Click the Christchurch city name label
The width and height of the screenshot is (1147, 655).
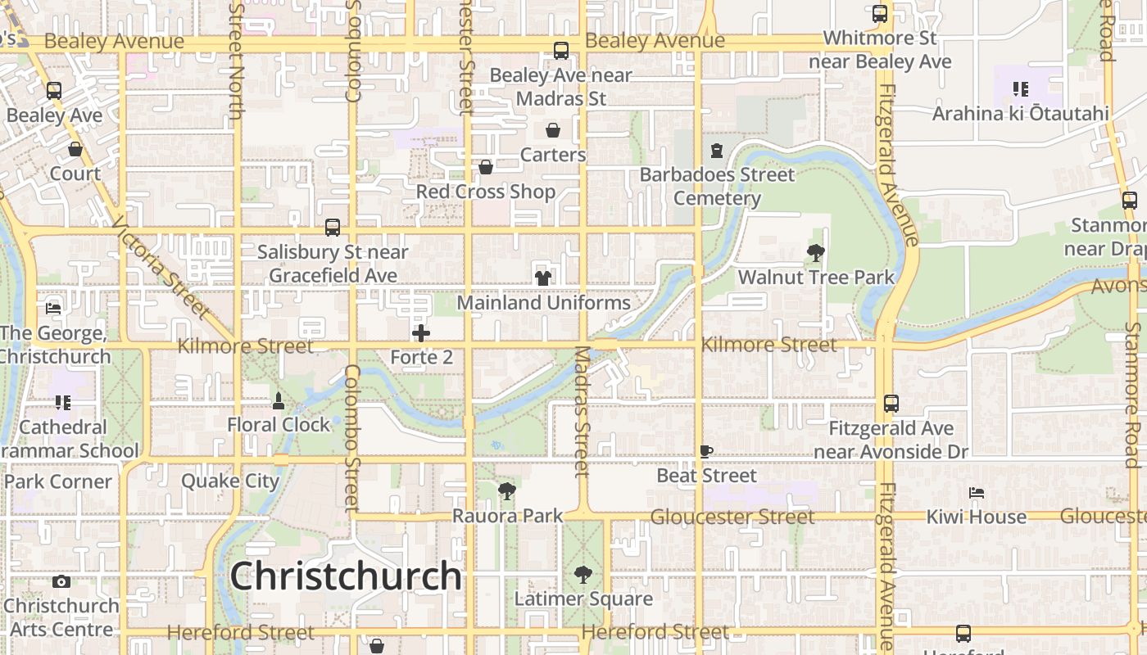[x=346, y=576]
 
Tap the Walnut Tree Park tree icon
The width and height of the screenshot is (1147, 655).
[x=815, y=253]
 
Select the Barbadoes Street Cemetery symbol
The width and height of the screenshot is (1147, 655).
[x=717, y=151]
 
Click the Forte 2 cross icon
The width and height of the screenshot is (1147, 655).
[x=421, y=333]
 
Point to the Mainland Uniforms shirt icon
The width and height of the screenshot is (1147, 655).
[x=542, y=278]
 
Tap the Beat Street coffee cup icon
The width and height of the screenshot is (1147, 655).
[x=706, y=451]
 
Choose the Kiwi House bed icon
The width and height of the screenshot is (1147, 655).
[x=976, y=493]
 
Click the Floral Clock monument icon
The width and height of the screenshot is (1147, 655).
[x=279, y=401]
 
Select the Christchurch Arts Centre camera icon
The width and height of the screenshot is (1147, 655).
[x=61, y=582]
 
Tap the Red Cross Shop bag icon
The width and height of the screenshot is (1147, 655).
[x=486, y=167]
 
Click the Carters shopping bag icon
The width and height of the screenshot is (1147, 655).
[x=553, y=130]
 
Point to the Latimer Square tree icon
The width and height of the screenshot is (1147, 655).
[x=583, y=575]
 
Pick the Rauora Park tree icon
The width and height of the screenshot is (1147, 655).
[x=507, y=491]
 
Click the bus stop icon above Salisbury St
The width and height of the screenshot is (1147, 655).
[x=333, y=228]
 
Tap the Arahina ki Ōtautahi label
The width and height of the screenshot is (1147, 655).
[x=1020, y=113]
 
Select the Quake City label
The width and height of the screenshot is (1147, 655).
[x=230, y=481]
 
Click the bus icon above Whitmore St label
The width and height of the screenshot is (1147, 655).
[x=880, y=14]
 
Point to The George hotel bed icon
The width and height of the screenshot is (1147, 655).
[x=53, y=308]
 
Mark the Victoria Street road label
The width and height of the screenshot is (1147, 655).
[x=161, y=268]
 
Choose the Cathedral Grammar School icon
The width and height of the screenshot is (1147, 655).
[x=62, y=402]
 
